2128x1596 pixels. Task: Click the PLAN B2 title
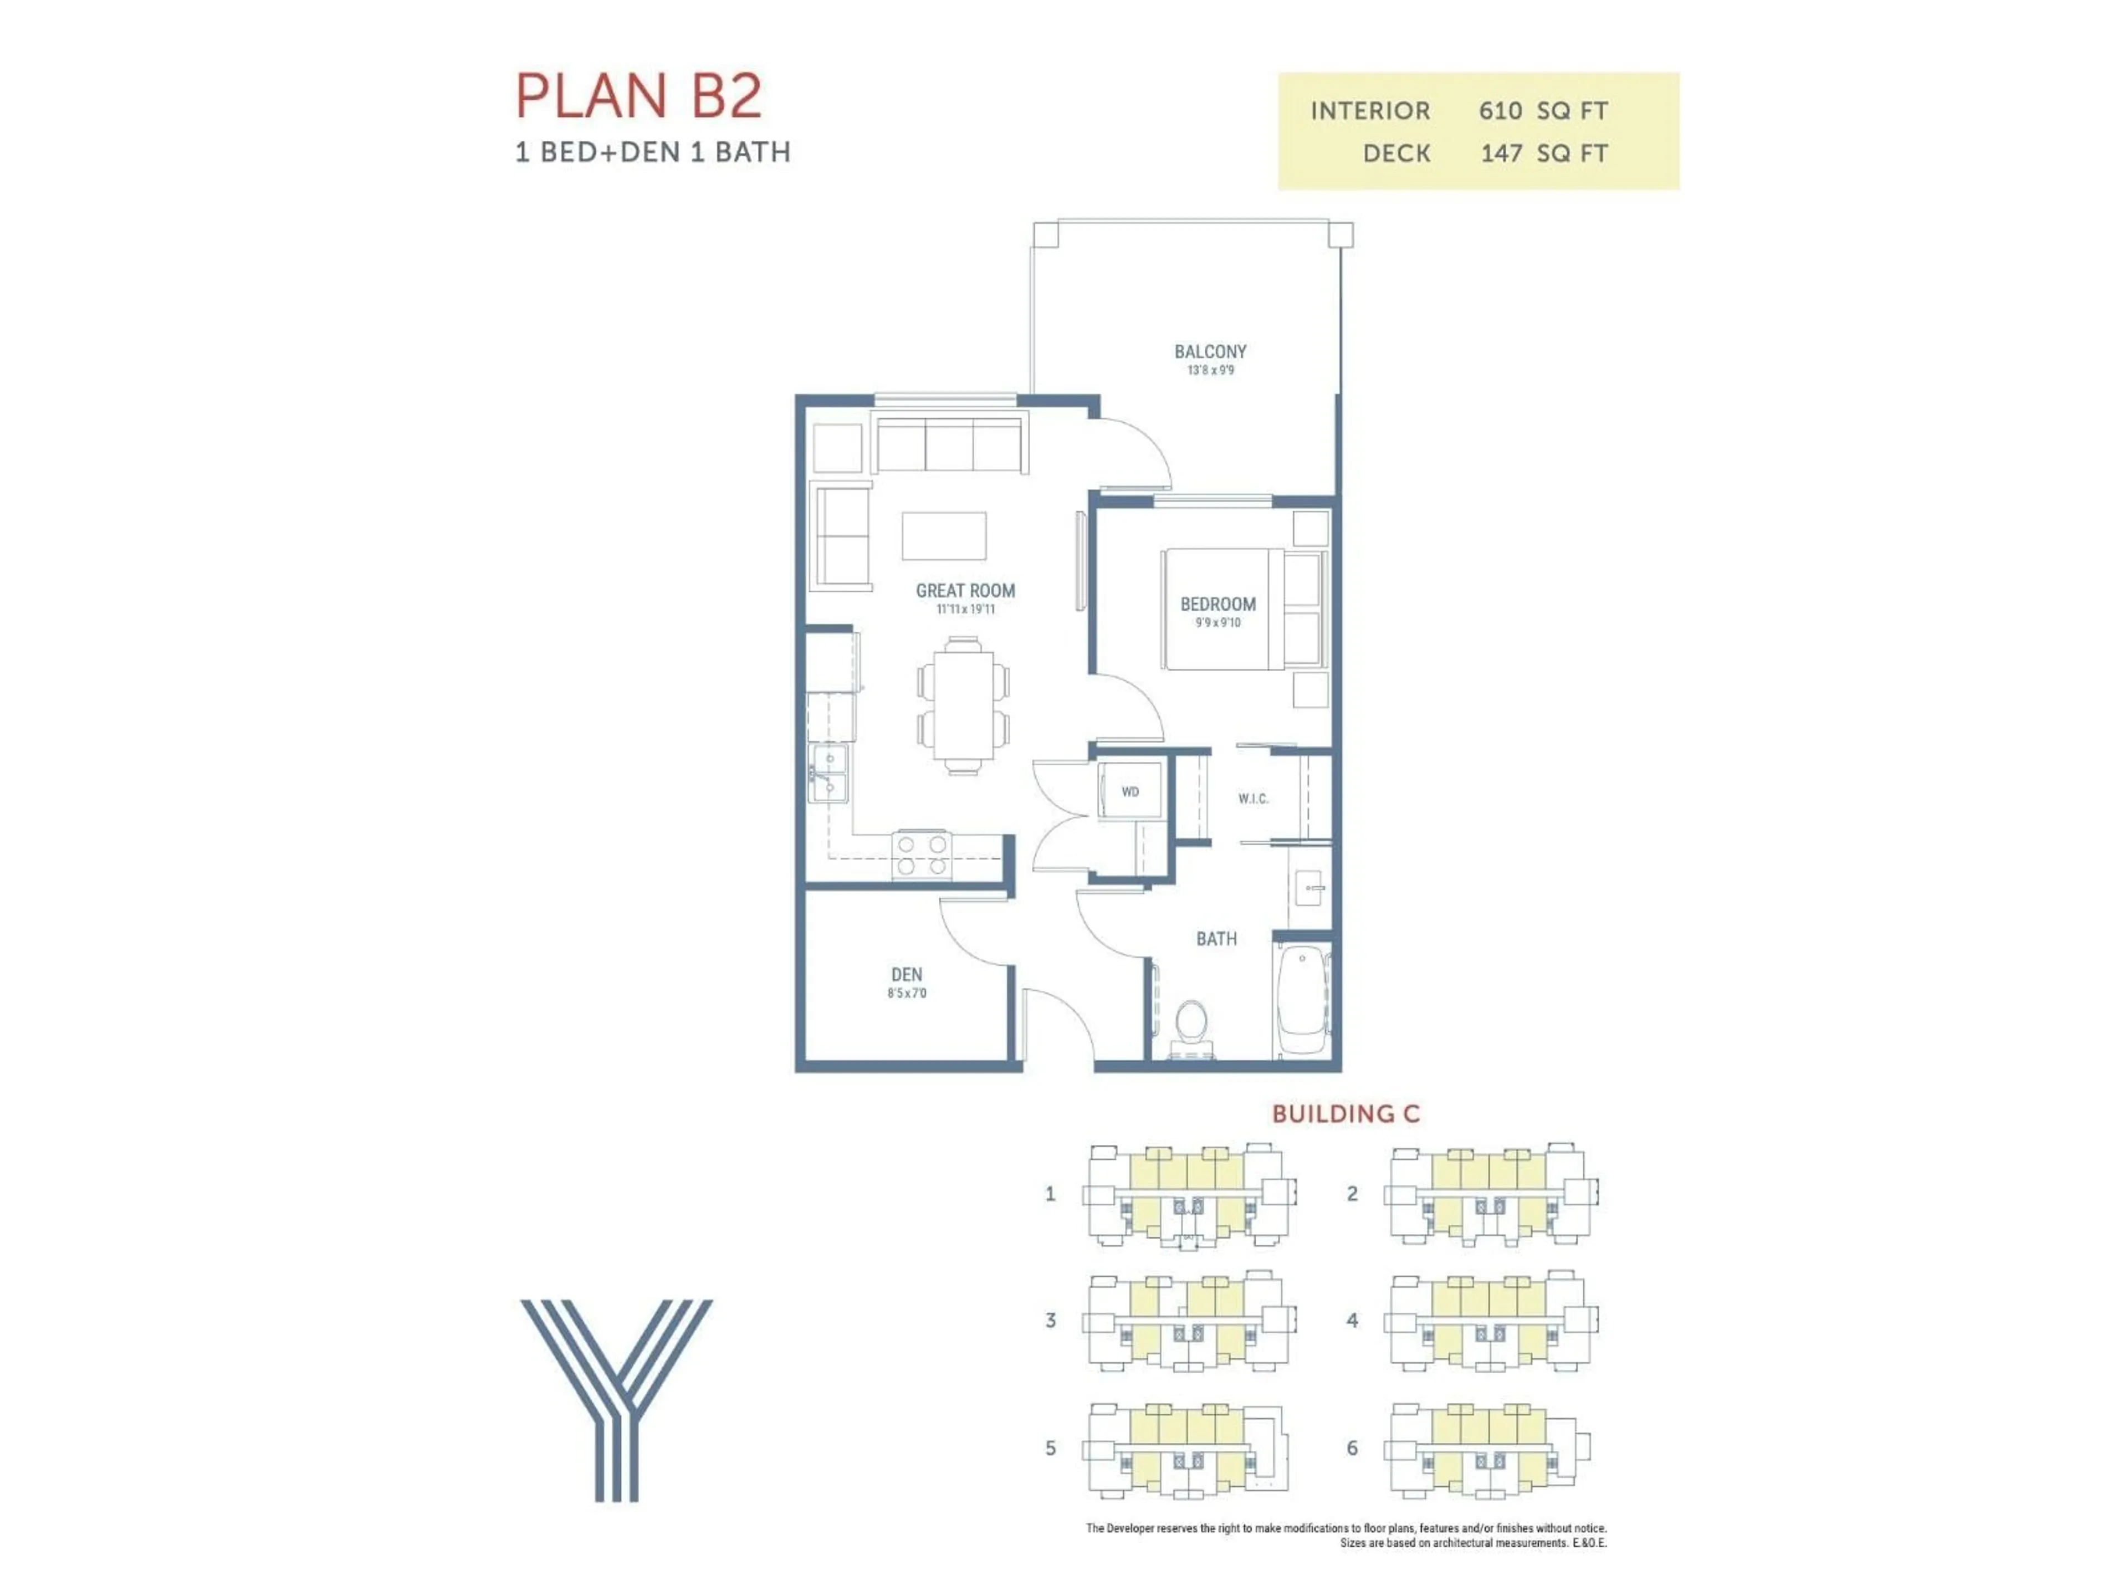[639, 96]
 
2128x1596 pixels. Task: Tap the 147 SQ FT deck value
[1543, 153]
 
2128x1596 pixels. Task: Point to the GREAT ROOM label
[965, 591]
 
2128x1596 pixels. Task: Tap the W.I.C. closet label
[1252, 799]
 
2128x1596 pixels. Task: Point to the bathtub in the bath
[1303, 1000]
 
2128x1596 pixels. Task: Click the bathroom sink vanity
[1310, 887]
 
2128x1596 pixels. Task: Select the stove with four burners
[922, 855]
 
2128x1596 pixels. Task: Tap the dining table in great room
[963, 704]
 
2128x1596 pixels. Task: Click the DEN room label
[906, 975]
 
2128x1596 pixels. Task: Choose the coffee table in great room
[944, 536]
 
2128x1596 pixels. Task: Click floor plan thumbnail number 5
[1185, 1448]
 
